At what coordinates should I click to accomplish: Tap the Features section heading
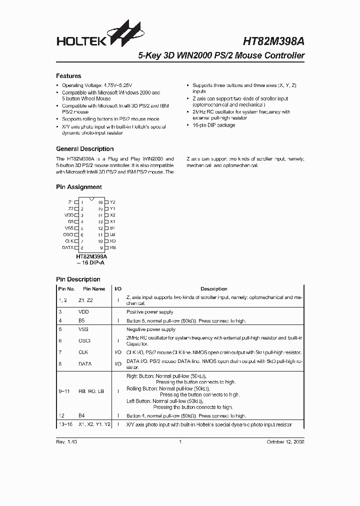(x=68, y=76)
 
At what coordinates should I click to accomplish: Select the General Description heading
(x=84, y=149)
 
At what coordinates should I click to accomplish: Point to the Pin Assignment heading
(x=78, y=187)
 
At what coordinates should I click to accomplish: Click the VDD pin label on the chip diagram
(x=69, y=215)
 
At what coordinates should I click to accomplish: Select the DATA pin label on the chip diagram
(x=67, y=247)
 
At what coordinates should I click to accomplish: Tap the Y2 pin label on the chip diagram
(x=112, y=202)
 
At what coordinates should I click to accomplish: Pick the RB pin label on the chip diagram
(x=112, y=247)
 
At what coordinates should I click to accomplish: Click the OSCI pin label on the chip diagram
(x=68, y=234)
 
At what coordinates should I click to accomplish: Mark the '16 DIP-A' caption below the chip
(x=90, y=262)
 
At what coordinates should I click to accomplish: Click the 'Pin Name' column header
(x=94, y=289)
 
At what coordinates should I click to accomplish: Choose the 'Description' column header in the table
(x=213, y=289)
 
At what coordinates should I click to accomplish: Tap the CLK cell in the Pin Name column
(x=83, y=352)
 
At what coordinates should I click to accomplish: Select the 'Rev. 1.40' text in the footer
(x=66, y=442)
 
